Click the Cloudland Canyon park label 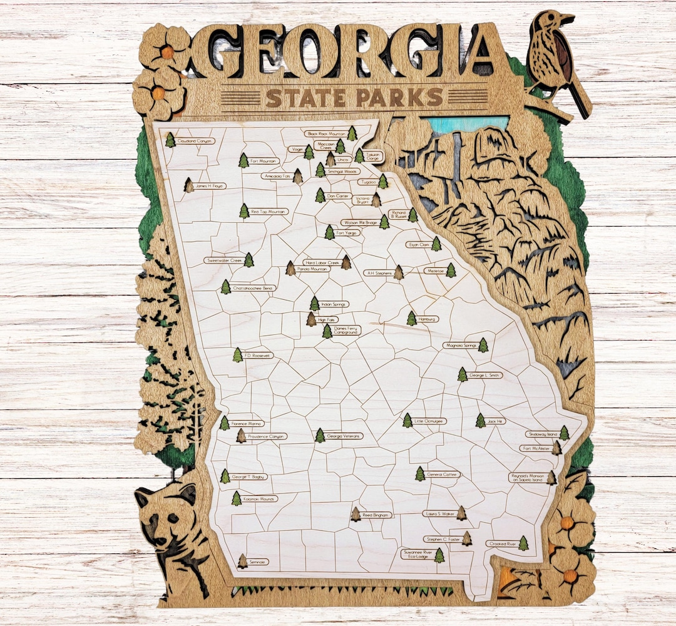pos(195,141)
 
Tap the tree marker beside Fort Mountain pos(243,161)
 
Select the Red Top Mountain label pos(269,212)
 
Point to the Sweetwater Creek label pos(224,260)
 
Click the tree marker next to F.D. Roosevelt pos(238,355)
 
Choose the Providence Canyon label pos(266,436)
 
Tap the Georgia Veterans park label pos(344,436)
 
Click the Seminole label pos(258,562)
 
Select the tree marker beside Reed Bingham pos(356,515)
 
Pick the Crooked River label pos(502,544)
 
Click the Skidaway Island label pos(541,434)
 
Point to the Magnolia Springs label pos(460,345)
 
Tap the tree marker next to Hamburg pos(411,319)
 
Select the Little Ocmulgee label pos(430,421)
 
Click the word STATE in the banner pos(305,98)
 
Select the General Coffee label pos(443,475)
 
